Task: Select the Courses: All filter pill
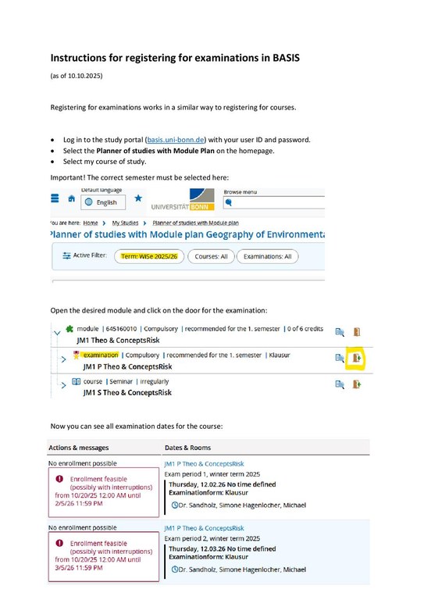(x=211, y=256)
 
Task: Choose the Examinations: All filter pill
(x=267, y=256)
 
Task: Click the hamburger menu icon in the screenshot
(x=55, y=200)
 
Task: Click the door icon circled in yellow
(x=358, y=358)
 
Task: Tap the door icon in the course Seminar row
(x=358, y=384)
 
